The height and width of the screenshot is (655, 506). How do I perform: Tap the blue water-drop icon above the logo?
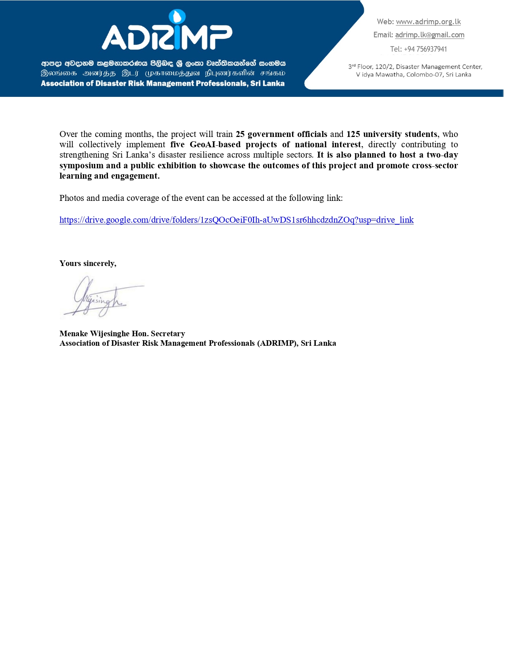(177, 17)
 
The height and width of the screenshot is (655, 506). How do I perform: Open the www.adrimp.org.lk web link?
(428, 22)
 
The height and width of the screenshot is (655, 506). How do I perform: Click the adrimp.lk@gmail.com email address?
(429, 35)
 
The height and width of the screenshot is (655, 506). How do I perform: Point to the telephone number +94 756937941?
(425, 49)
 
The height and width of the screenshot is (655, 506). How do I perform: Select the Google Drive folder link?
(237, 220)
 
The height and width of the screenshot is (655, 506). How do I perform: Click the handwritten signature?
(101, 298)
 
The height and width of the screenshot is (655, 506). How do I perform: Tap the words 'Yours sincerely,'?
(88, 264)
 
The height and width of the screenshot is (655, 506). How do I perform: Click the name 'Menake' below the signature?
(73, 333)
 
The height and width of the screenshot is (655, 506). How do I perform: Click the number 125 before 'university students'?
(353, 134)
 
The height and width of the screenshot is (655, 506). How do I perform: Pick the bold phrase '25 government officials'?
(281, 134)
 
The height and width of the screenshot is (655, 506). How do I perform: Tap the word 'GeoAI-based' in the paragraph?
(215, 144)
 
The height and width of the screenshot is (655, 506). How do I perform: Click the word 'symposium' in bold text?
(81, 166)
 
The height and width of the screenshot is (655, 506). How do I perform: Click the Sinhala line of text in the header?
(163, 63)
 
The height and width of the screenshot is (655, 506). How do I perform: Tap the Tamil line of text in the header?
(163, 73)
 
